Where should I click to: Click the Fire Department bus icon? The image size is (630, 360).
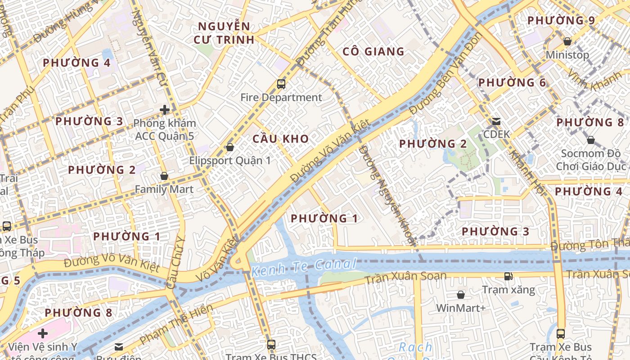[281, 84]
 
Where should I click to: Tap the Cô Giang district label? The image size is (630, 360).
[373, 51]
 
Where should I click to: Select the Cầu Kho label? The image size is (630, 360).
[281, 139]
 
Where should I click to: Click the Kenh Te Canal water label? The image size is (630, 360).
[304, 267]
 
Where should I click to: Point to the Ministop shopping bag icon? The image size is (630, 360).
[567, 41]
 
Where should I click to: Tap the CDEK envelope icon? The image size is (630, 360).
[496, 121]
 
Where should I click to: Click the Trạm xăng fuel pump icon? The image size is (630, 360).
[508, 276]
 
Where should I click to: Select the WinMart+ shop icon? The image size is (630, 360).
[460, 295]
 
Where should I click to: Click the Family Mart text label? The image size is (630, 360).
[164, 189]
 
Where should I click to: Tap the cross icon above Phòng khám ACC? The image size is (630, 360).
[165, 109]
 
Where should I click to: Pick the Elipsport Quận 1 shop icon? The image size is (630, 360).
[230, 147]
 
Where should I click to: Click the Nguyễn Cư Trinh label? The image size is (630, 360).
[224, 32]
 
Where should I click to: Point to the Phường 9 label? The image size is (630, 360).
[561, 20]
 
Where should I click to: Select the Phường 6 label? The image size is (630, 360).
[512, 82]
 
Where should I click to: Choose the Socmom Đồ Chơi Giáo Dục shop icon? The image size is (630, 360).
[590, 140]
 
